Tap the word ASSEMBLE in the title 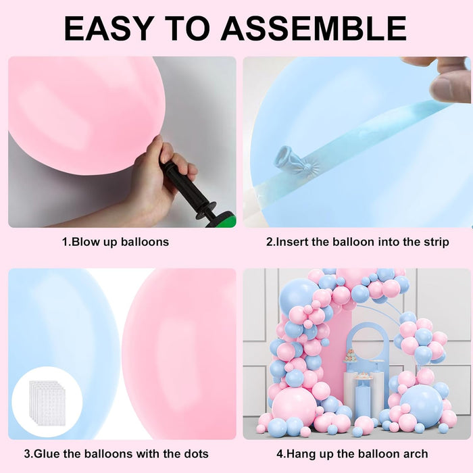coord(314,28)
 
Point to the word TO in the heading coord(197,28)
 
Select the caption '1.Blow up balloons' coord(116,241)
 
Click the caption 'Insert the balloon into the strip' coord(357,241)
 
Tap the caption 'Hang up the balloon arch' coord(357,453)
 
